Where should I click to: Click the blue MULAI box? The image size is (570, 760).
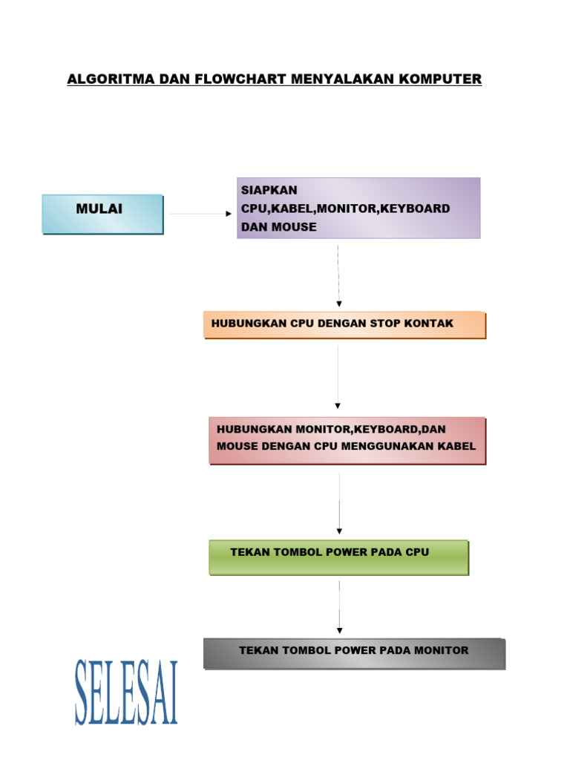point(102,214)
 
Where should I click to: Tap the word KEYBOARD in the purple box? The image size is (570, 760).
point(416,209)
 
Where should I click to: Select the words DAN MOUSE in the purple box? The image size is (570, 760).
point(278,227)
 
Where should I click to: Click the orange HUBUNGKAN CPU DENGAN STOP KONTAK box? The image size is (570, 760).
point(344,325)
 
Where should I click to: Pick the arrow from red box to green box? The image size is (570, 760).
point(339,502)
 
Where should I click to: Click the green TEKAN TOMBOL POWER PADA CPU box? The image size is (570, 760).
point(338,557)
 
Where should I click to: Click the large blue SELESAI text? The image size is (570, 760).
point(126,692)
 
